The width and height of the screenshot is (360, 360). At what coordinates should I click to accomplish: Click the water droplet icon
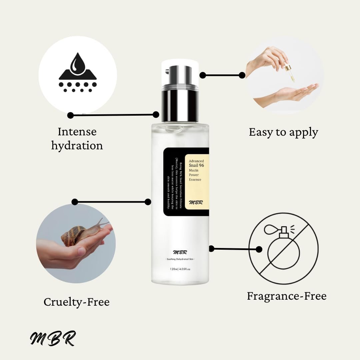(x=77, y=65)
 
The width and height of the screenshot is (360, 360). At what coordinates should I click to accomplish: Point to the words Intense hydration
(x=77, y=139)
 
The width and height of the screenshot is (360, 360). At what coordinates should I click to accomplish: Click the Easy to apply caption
(x=283, y=132)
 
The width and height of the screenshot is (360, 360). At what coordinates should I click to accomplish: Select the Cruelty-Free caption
(x=76, y=302)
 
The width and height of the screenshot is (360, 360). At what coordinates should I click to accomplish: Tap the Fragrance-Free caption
(x=287, y=296)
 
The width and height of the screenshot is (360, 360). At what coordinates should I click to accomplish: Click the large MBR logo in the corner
(x=53, y=338)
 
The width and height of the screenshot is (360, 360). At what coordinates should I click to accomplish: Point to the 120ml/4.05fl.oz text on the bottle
(x=180, y=269)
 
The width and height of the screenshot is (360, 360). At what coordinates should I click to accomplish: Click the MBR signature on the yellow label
(x=196, y=202)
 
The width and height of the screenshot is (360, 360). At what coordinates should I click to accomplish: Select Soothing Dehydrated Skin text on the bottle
(x=180, y=259)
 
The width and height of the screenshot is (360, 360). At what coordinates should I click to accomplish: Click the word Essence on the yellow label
(x=195, y=180)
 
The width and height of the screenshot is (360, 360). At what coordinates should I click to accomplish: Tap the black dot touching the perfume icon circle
(x=259, y=249)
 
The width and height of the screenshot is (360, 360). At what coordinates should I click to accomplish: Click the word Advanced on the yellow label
(x=196, y=161)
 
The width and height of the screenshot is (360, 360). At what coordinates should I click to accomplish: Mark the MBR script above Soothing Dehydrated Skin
(x=180, y=252)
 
